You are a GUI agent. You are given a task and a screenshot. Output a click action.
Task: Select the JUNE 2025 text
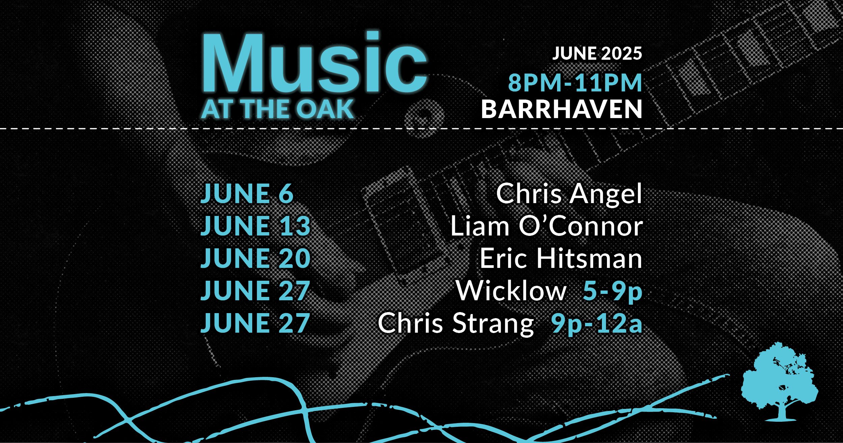point(597,54)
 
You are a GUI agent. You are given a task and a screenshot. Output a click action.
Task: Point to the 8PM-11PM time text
point(575,83)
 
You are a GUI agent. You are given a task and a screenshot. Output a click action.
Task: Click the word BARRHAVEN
point(561,109)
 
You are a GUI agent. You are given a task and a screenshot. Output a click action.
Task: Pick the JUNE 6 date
point(247,194)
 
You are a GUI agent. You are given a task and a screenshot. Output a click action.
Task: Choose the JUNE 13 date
point(255,226)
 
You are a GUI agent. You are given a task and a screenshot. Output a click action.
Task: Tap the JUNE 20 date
point(255,258)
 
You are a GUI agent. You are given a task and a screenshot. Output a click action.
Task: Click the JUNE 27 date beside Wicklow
point(255,290)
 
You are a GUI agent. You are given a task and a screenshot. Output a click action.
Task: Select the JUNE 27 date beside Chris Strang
point(255,323)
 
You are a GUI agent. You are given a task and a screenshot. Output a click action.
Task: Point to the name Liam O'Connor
point(547,226)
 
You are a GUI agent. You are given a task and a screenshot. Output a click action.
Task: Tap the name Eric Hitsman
point(561,258)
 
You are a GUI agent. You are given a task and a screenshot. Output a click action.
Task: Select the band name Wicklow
point(511,290)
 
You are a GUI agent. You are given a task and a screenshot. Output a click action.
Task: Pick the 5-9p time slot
point(612,292)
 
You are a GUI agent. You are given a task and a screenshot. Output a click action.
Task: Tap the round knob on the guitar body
point(424,116)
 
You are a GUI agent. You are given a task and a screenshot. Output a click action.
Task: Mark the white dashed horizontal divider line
point(421,129)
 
